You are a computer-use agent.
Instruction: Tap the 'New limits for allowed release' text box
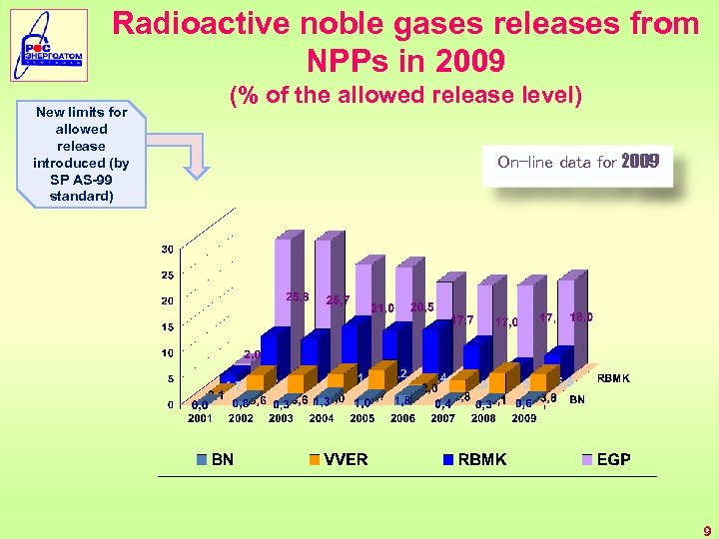81,154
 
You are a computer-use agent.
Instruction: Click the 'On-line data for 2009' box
578,161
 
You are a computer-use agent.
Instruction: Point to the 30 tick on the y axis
167,249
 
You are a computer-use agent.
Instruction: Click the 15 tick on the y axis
167,326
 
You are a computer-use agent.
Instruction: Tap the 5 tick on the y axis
171,378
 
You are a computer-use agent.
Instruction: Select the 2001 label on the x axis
200,418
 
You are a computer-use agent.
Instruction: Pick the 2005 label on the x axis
361,418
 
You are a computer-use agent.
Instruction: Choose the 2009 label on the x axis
523,418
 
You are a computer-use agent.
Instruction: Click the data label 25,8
297,296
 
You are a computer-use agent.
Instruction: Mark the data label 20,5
421,307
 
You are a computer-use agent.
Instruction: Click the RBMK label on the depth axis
613,378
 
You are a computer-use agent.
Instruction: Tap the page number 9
706,531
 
